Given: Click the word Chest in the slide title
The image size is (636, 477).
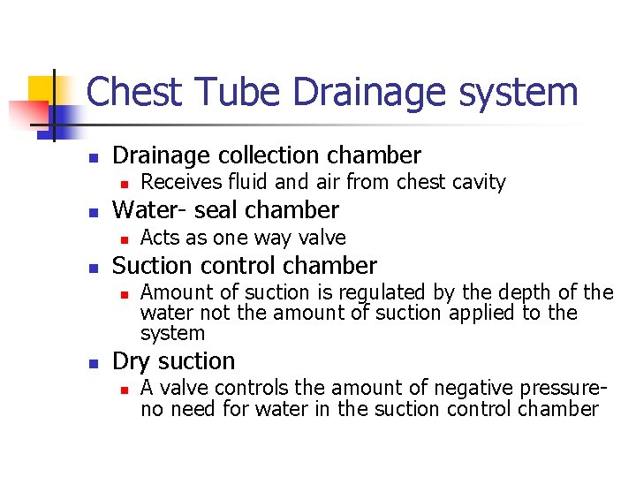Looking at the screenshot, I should tap(134, 92).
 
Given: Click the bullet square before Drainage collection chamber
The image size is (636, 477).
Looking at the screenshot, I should tap(92, 157).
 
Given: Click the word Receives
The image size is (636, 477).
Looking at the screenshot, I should tap(178, 183).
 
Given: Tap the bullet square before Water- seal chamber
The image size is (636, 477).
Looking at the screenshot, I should tap(92, 212).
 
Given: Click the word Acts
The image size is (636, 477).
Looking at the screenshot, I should tap(160, 238).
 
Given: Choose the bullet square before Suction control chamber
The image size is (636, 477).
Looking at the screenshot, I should tap(92, 267).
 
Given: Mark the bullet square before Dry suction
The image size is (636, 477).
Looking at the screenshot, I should tap(92, 363).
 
